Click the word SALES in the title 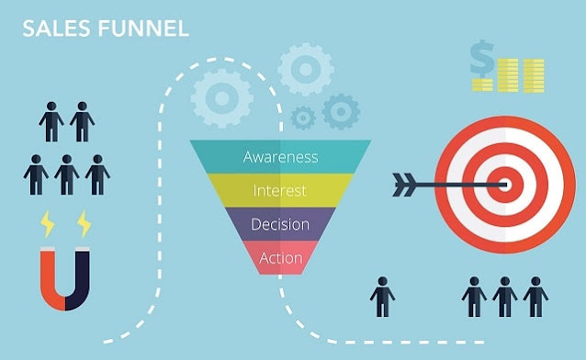[x=56, y=28]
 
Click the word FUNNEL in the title [x=143, y=28]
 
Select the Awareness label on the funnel [x=281, y=157]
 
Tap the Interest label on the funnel [x=279, y=190]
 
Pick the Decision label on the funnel [x=280, y=224]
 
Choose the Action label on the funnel [x=281, y=257]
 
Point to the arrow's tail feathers [x=404, y=185]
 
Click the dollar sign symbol [x=482, y=59]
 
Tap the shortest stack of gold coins [x=482, y=84]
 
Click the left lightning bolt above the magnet [x=48, y=224]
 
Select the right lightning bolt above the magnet [x=84, y=224]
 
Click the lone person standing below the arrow [x=382, y=297]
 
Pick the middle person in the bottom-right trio [x=505, y=297]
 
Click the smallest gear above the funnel [x=303, y=118]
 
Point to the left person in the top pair [x=51, y=122]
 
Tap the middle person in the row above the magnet [x=66, y=174]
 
